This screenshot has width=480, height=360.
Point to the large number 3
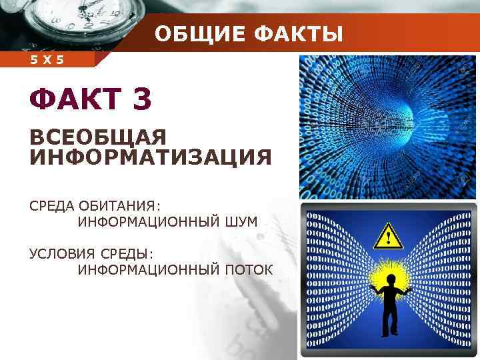pos(142,100)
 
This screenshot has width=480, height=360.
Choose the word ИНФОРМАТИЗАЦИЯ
pos(151,158)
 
